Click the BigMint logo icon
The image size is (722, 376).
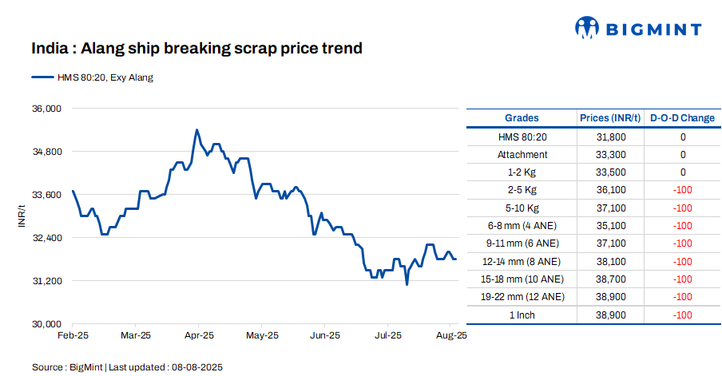click(587, 28)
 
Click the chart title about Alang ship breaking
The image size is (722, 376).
click(196, 49)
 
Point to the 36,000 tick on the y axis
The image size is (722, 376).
click(46, 109)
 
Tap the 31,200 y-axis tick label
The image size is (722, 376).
click(46, 281)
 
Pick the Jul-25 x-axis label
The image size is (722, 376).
click(388, 336)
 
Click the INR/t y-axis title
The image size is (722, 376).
click(22, 216)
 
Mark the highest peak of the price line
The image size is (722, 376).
click(196, 129)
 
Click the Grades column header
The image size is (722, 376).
click(522, 118)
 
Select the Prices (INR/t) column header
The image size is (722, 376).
click(611, 118)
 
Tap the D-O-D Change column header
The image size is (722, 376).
click(682, 118)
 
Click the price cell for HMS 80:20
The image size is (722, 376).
click(611, 137)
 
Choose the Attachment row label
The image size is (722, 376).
click(522, 155)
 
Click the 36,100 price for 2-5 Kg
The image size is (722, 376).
click(611, 190)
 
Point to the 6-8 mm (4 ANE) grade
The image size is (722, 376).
click(522, 226)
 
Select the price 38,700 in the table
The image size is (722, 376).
click(611, 279)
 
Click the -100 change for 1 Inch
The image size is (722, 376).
click(682, 315)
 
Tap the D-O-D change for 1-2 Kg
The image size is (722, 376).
click(683, 172)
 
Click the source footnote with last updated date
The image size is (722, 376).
click(127, 367)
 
